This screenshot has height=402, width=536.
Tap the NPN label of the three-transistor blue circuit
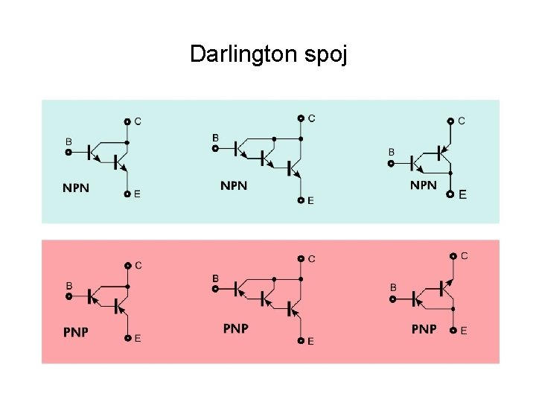click(x=234, y=185)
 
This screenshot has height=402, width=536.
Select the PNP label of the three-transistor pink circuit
click(x=236, y=328)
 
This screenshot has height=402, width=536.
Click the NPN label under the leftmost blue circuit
click(x=76, y=188)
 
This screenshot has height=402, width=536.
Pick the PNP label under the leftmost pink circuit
click(x=76, y=332)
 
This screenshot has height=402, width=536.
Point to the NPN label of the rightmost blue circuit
click(x=424, y=185)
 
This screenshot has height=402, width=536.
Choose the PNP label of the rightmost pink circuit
click(x=424, y=328)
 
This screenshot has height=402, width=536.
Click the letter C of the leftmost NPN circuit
click(x=138, y=121)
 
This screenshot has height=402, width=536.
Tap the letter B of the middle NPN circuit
click(x=216, y=138)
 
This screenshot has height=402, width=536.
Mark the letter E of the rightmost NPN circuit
click(x=463, y=194)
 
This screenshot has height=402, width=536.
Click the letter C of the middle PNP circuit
click(x=311, y=259)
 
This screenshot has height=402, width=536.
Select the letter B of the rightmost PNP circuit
click(x=393, y=287)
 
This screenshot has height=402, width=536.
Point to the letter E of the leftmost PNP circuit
click(x=138, y=338)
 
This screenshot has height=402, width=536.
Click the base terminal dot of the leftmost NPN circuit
click(x=68, y=152)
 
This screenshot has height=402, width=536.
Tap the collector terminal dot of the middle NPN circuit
click(x=301, y=118)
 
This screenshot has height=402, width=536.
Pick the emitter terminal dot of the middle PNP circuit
click(x=301, y=340)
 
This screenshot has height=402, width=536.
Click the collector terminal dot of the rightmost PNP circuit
click(x=453, y=256)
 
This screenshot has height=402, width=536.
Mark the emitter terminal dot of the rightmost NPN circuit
click(x=451, y=194)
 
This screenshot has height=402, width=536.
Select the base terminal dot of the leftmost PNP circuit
click(x=68, y=296)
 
